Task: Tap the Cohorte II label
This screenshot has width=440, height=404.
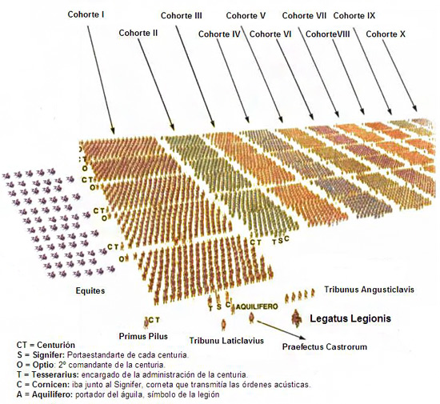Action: [x=138, y=33]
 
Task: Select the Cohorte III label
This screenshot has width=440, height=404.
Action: [x=181, y=15]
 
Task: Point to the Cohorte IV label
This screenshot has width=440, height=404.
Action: [x=219, y=34]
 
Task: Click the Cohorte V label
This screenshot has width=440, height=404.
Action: [x=246, y=15]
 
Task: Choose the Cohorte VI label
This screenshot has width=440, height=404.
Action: [x=270, y=34]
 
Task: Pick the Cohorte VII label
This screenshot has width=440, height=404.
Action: [x=304, y=15]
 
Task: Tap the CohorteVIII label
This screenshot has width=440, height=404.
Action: [x=328, y=34]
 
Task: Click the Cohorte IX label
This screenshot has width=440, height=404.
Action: [x=354, y=15]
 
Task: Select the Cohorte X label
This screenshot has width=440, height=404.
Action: [x=385, y=34]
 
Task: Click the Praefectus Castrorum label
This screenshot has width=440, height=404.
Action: [x=324, y=347]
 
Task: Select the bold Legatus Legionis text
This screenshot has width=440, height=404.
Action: [x=350, y=318]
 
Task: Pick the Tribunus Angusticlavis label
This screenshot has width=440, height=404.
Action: [x=369, y=289]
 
